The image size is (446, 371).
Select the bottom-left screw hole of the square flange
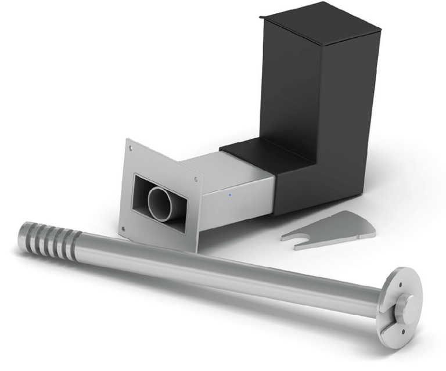(123, 228)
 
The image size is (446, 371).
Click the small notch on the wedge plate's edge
(360, 236)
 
